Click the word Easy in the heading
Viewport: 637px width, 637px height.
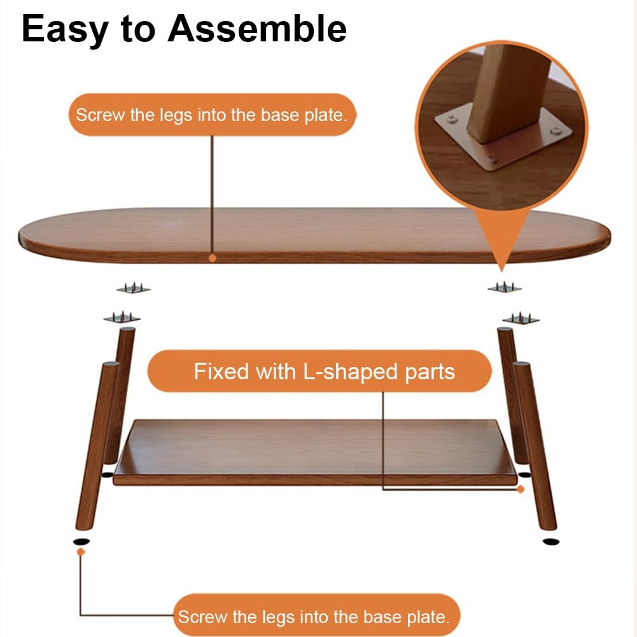(65, 29)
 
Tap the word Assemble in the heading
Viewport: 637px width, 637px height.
(257, 29)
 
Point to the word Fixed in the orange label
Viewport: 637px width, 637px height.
(222, 371)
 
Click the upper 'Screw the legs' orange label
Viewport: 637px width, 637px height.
(212, 115)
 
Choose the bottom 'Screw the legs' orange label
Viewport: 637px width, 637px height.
(317, 616)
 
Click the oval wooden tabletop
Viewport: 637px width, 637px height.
(314, 235)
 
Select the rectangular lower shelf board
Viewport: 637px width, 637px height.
(315, 452)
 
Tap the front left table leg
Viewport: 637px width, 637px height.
(97, 445)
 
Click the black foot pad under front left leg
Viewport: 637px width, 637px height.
(81, 542)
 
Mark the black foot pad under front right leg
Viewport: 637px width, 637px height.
(551, 542)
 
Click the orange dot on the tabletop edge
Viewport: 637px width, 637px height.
(212, 258)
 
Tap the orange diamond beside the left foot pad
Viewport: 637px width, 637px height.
(81, 552)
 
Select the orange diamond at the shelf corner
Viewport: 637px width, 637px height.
(521, 489)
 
